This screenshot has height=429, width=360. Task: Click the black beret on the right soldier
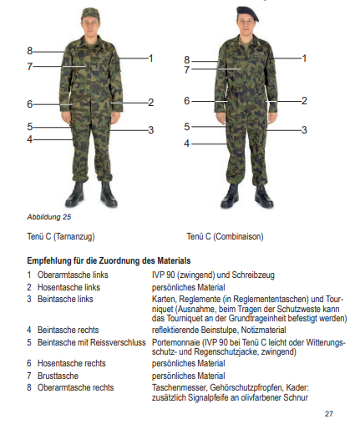coord(247,13)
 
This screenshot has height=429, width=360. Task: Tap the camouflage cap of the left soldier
coord(90,14)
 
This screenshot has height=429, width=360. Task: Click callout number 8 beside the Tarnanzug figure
coord(30,51)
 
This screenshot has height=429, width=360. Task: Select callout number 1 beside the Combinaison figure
coord(304,58)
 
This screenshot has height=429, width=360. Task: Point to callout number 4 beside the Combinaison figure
coord(186,144)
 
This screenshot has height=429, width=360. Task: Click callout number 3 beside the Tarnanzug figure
coord(151,130)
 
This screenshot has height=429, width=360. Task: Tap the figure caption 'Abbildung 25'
coord(49,217)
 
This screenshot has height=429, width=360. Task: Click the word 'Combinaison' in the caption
coord(238,236)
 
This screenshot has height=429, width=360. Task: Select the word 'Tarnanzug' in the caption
coord(74,236)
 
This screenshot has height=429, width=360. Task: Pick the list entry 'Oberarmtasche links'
coord(73,275)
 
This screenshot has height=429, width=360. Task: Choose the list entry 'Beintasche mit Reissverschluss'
coord(92,342)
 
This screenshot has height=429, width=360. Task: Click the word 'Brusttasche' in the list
coord(58,376)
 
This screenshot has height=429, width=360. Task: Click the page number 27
coord(329,414)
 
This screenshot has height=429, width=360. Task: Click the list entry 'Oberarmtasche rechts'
coord(75,388)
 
